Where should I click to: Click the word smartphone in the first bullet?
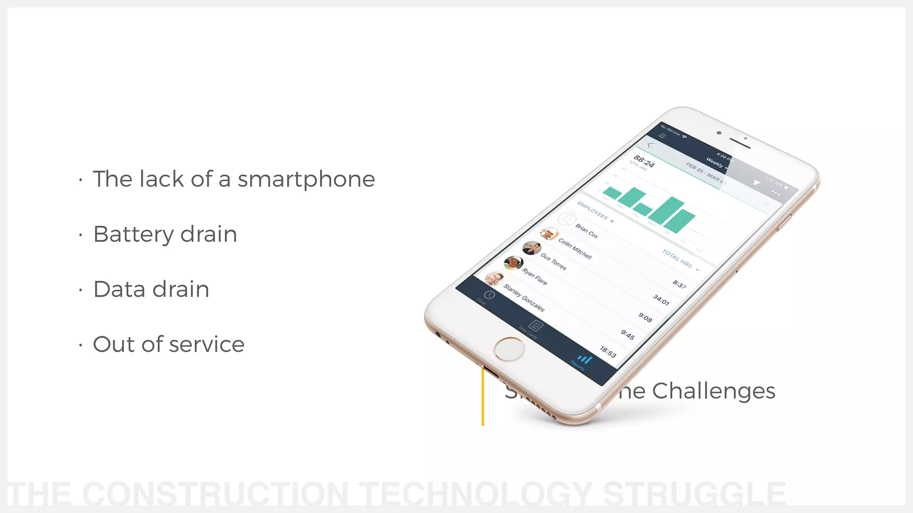[x=306, y=179]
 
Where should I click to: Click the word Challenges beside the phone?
[x=713, y=391]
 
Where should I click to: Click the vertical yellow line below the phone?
[x=483, y=396]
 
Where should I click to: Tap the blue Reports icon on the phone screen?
[x=584, y=359]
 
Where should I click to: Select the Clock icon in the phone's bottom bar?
[x=489, y=295]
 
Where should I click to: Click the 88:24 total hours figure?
[x=644, y=161]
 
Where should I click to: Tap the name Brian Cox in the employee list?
[x=587, y=231]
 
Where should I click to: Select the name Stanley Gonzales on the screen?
[x=524, y=297]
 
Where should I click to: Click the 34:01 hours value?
[x=661, y=300]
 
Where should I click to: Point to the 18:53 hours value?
[x=608, y=352]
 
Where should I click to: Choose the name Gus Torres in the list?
[x=553, y=262]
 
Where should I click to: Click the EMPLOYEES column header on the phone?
[x=592, y=210]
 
